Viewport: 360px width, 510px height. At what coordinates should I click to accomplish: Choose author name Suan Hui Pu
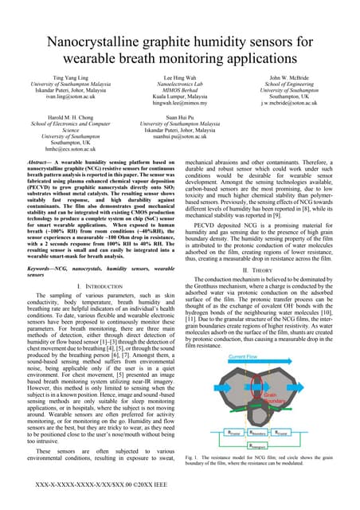pyautogui.click(x=179, y=118)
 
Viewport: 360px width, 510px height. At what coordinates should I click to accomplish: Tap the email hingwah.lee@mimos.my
pyautogui.click(x=179, y=104)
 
